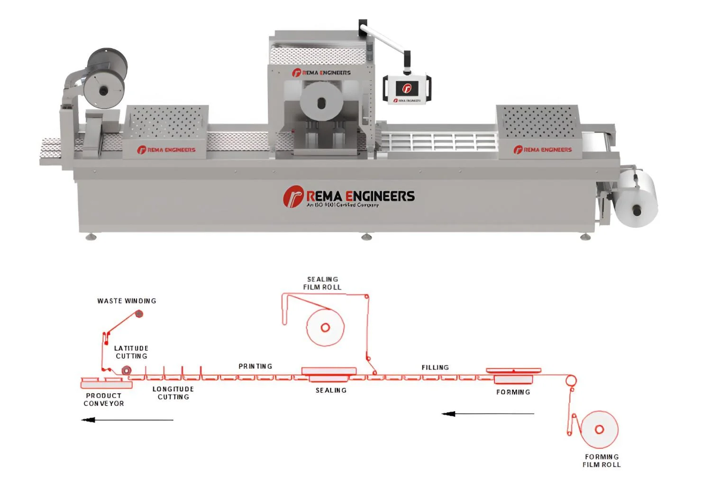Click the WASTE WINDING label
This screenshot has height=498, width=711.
click(x=127, y=301)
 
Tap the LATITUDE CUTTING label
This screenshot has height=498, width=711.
click(x=131, y=352)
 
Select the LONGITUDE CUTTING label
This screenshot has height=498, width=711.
click(x=173, y=393)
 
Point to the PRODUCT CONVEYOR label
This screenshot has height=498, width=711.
click(x=104, y=399)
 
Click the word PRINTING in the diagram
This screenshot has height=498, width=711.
click(x=255, y=366)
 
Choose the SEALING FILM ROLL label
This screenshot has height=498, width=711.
click(x=322, y=283)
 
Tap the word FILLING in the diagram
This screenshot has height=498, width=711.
click(x=435, y=367)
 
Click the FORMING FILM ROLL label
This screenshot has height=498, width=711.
click(x=602, y=461)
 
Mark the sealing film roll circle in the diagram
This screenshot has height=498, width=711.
click(x=325, y=327)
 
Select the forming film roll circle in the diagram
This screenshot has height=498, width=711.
click(x=599, y=429)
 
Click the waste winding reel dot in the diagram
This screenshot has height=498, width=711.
click(x=139, y=314)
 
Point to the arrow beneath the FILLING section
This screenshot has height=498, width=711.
click(x=488, y=414)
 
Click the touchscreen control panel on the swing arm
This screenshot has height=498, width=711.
click(x=407, y=89)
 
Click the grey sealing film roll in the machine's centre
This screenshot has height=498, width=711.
click(x=321, y=102)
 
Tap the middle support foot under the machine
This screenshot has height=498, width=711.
click(x=366, y=236)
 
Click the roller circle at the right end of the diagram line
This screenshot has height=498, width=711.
click(x=571, y=380)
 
